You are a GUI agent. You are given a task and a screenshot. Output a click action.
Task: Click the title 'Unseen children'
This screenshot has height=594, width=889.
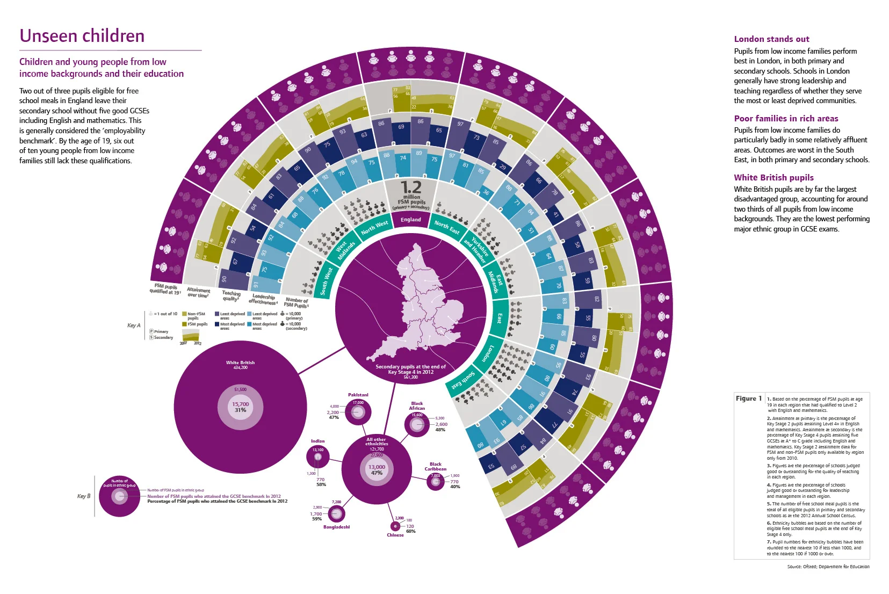(82, 36)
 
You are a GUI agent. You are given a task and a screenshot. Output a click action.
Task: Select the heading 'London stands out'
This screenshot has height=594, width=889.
(771, 39)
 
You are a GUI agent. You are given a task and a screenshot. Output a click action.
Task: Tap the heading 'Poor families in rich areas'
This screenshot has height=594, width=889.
(786, 119)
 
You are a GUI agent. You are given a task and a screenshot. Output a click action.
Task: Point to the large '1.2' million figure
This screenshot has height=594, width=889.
(411, 187)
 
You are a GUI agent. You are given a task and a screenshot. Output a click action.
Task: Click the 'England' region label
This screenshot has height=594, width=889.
(411, 220)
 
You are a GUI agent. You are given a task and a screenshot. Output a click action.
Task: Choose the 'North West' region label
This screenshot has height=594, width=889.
(374, 227)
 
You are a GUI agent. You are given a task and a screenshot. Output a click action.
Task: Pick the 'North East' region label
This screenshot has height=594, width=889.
(447, 227)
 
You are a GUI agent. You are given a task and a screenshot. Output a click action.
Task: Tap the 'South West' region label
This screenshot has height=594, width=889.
(326, 281)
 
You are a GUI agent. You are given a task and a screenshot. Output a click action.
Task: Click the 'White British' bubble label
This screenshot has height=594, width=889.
(240, 363)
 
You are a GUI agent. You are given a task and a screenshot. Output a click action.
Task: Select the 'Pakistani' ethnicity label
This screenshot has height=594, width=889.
(358, 395)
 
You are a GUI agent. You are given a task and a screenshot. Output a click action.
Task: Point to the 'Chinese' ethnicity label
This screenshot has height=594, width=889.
(395, 535)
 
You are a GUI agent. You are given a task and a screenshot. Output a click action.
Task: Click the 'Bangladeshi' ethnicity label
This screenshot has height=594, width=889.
(336, 527)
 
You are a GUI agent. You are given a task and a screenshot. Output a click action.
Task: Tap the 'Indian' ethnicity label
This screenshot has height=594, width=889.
(317, 441)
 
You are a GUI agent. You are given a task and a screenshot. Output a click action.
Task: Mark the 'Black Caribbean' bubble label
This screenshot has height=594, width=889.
(436, 466)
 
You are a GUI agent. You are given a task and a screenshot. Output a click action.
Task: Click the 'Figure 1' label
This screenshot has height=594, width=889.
(749, 399)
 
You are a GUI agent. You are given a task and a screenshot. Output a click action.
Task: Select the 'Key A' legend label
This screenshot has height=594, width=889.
(134, 325)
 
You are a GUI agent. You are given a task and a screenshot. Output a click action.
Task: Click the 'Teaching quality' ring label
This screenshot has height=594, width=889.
(232, 295)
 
